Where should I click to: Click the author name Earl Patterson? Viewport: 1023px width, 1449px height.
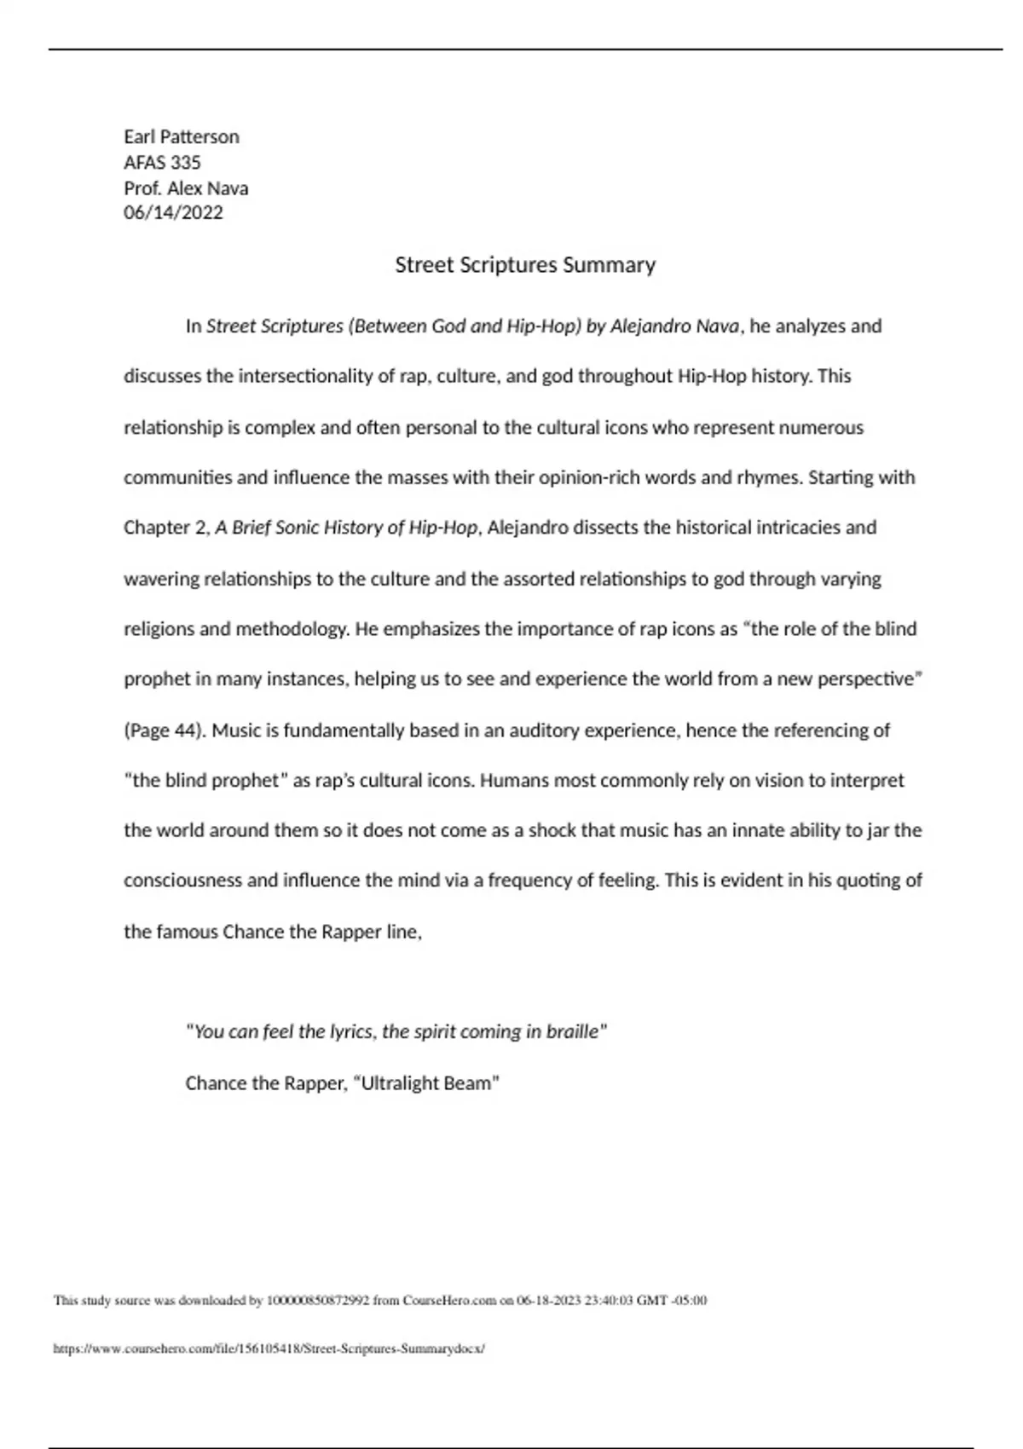click(x=181, y=136)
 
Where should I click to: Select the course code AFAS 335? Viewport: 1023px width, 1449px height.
click(x=162, y=162)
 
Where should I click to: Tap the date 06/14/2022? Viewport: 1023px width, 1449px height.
click(x=173, y=212)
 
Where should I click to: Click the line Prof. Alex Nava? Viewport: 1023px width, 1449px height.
click(x=186, y=188)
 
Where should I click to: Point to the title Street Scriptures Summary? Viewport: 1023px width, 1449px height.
click(x=525, y=264)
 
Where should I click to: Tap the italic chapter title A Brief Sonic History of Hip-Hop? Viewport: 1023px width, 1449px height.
click(x=347, y=528)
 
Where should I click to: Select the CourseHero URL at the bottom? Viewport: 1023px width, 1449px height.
click(x=269, y=1349)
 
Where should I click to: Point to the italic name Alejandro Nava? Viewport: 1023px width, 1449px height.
click(x=675, y=326)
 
